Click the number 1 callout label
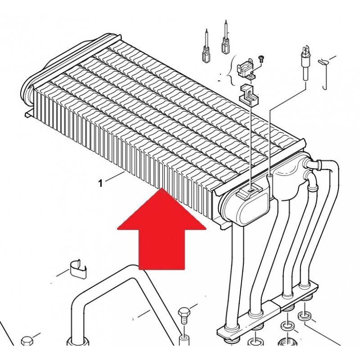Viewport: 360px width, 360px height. (x=100, y=183)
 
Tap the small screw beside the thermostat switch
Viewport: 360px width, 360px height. (x=260, y=58)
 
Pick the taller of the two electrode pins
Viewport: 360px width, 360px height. (x=226, y=38)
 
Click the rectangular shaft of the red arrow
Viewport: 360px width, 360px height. (x=162, y=249)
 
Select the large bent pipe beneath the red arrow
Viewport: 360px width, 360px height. (x=124, y=306)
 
